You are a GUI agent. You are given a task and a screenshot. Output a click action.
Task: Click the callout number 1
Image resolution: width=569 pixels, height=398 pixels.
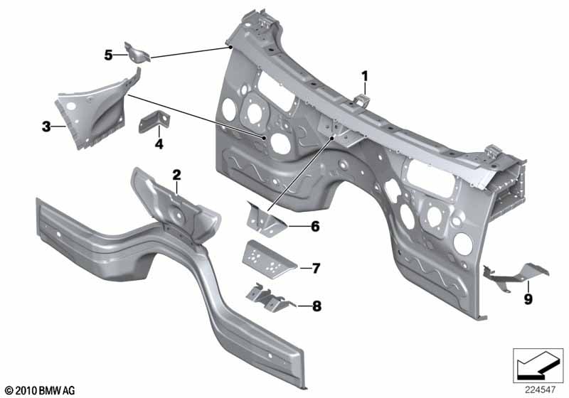364,75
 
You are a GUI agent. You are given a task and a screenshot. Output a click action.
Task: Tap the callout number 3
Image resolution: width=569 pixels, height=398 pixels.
46,127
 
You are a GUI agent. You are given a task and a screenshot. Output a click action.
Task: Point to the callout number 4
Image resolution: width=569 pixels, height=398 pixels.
159,144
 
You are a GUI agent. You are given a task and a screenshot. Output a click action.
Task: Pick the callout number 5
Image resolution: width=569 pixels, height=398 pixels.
108,55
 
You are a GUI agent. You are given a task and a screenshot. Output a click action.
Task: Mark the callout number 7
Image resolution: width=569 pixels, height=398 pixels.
316,268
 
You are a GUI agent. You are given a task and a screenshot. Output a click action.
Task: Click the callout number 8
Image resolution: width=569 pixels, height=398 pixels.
316,306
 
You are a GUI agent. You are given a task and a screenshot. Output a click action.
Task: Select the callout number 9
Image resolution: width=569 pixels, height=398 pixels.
528,299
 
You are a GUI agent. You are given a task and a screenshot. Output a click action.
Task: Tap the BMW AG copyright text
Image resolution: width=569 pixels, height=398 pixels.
39,390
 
